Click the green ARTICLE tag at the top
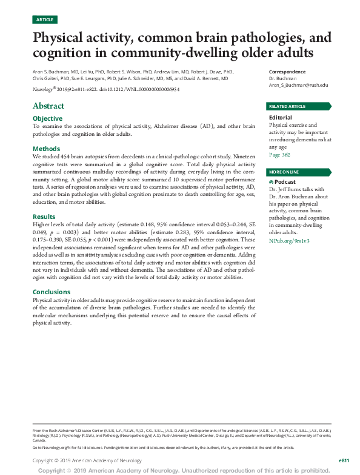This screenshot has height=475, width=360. pyautogui.click(x=45, y=19)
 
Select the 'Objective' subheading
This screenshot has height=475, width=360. pyautogui.click(x=47, y=118)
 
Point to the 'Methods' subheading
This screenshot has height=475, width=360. pyautogui.click(x=46, y=149)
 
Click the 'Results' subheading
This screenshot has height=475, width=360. pyautogui.click(x=44, y=216)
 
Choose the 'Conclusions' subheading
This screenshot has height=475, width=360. pyautogui.click(x=52, y=292)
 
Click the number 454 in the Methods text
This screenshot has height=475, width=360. pyautogui.click(x=76, y=157)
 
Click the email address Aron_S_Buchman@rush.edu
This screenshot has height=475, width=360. pyautogui.click(x=298, y=86)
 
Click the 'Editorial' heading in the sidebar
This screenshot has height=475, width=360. pyautogui.click(x=280, y=118)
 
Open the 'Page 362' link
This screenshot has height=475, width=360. pyautogui.click(x=279, y=155)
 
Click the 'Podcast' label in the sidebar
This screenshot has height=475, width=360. pyautogui.click(x=285, y=181)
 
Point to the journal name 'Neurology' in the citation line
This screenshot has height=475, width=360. pyautogui.click(x=42, y=89)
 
